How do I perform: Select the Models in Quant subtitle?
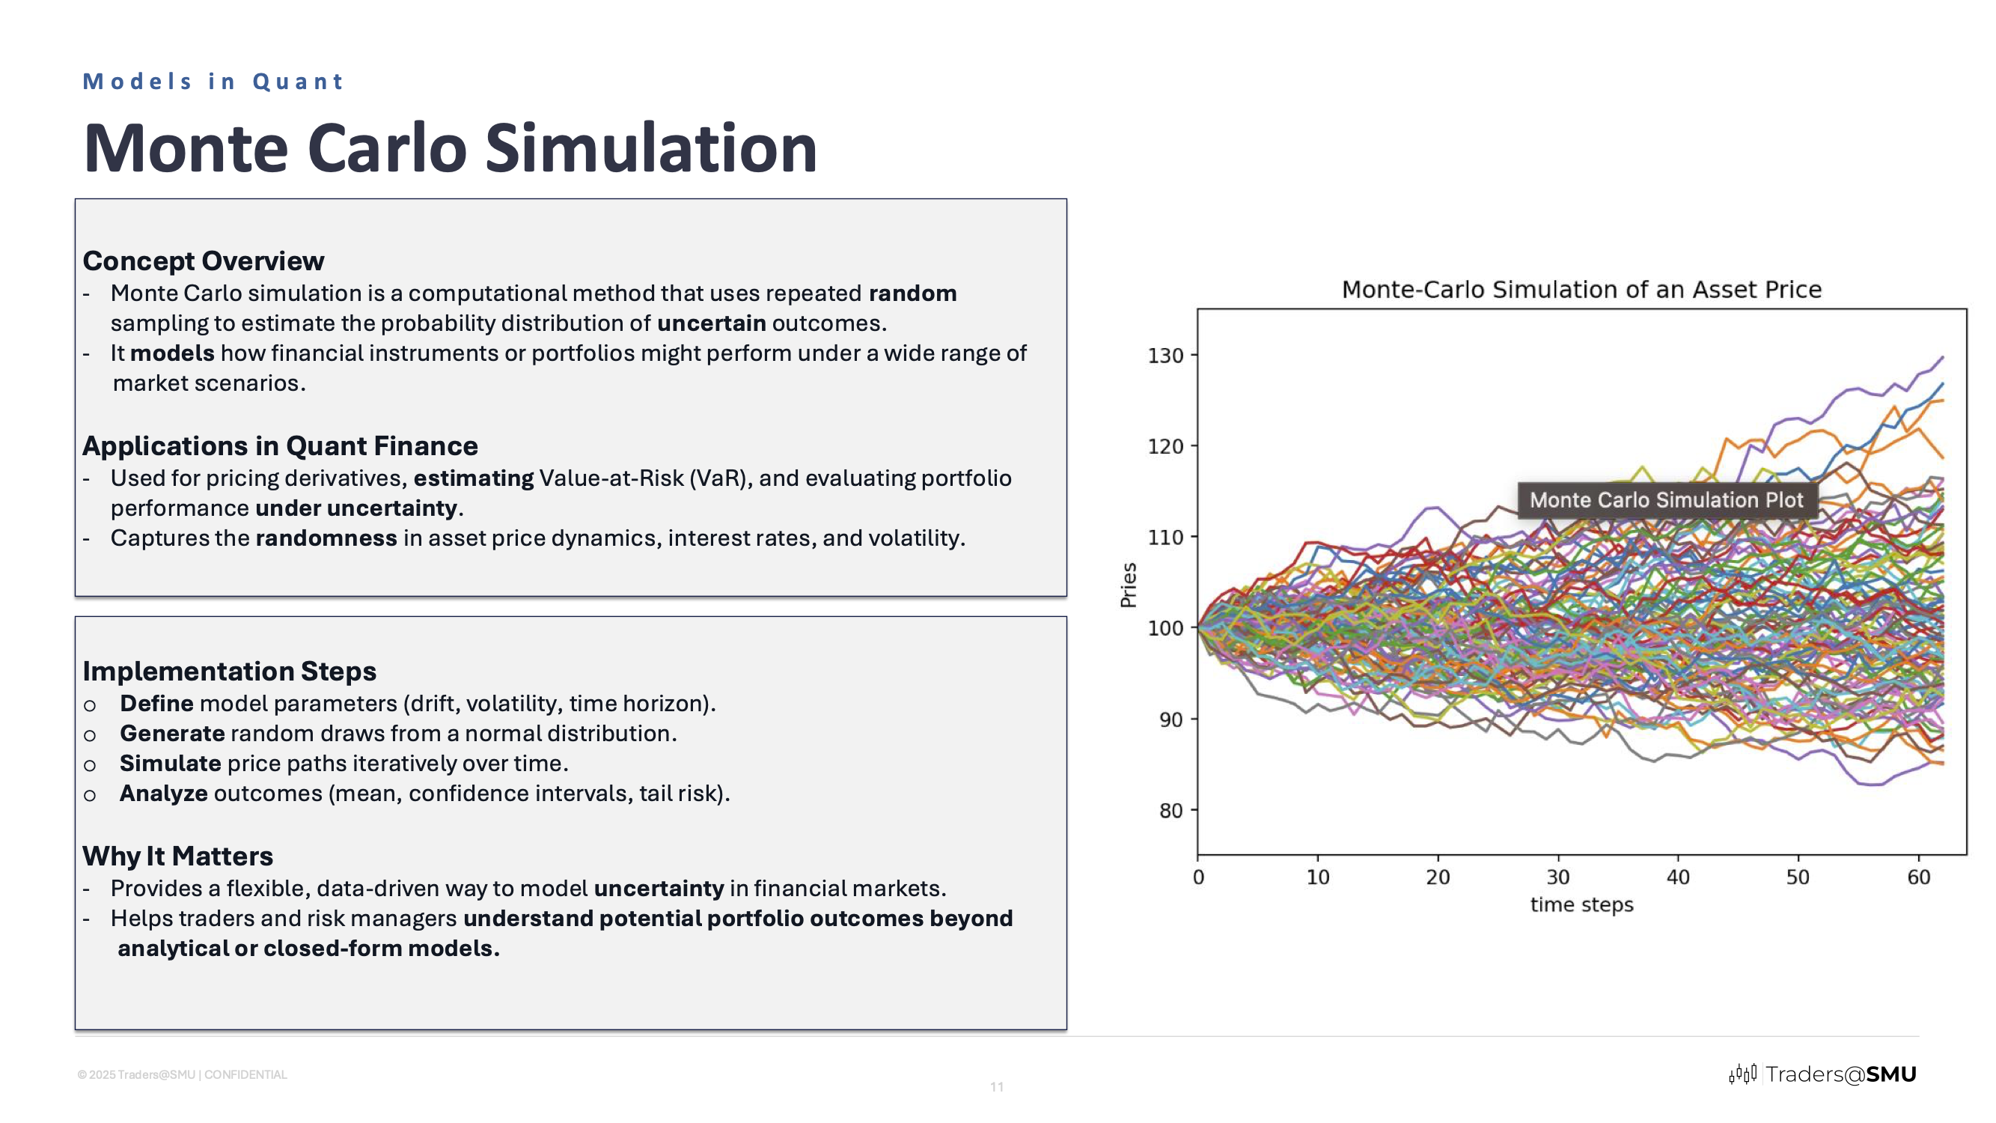(213, 82)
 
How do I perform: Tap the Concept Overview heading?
(203, 261)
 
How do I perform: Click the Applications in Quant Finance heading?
(280, 445)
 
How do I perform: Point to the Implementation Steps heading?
(229, 671)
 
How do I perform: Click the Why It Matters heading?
(177, 856)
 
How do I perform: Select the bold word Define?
(156, 704)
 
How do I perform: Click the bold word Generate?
(172, 733)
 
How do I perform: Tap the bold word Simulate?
(170, 764)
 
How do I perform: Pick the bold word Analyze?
(163, 794)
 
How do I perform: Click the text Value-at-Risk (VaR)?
(644, 478)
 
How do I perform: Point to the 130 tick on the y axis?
(1165, 356)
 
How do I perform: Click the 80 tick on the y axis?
(1170, 811)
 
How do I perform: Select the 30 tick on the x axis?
(1557, 877)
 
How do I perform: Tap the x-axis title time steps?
(1581, 904)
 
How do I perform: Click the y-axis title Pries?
(1128, 585)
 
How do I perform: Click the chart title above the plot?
(1581, 290)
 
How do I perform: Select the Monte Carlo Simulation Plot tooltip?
(1667, 500)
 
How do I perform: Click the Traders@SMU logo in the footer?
(1822, 1074)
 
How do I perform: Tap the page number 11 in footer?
(996, 1087)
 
